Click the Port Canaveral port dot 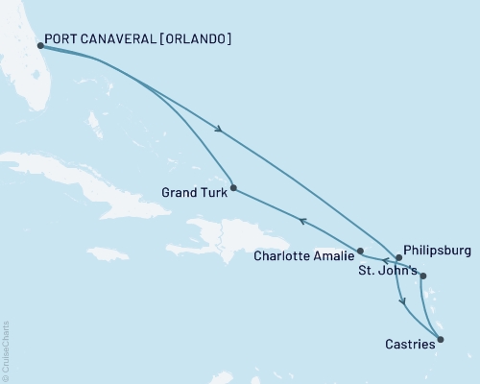pos(40,45)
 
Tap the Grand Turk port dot pos(233,187)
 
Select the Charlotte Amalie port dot pos(360,252)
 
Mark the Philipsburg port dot pos(398,258)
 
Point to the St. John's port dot pos(423,276)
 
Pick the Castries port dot pos(441,338)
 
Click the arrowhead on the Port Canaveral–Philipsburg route pos(222,131)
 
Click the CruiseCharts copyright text pos(6,349)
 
